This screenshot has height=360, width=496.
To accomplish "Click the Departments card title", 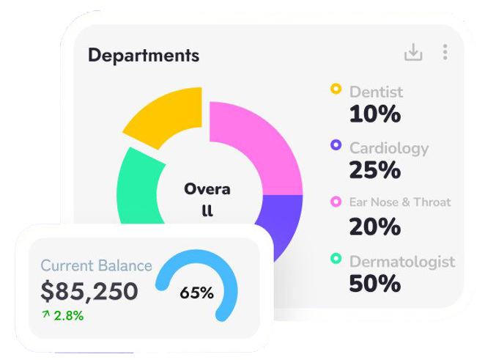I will (x=144, y=55).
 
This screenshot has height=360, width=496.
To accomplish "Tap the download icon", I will (x=413, y=52).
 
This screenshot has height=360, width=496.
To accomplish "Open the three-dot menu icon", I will (x=445, y=52).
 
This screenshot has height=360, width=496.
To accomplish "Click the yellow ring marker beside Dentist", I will (x=336, y=89).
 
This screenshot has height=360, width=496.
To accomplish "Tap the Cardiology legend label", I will (x=388, y=148).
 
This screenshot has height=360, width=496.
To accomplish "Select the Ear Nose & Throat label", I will (x=400, y=202).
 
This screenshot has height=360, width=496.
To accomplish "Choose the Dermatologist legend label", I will (x=402, y=261).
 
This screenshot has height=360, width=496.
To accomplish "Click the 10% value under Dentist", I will (x=374, y=114).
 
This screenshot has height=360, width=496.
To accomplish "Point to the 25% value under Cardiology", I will (x=374, y=170).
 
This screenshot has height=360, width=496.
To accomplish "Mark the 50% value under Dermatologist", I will (x=374, y=283).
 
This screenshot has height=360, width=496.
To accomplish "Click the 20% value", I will (x=374, y=227).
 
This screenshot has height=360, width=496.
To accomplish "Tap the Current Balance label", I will (x=96, y=265).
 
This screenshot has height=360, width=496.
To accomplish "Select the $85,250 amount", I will (x=89, y=291).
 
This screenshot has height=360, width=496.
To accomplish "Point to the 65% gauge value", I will (x=196, y=293).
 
